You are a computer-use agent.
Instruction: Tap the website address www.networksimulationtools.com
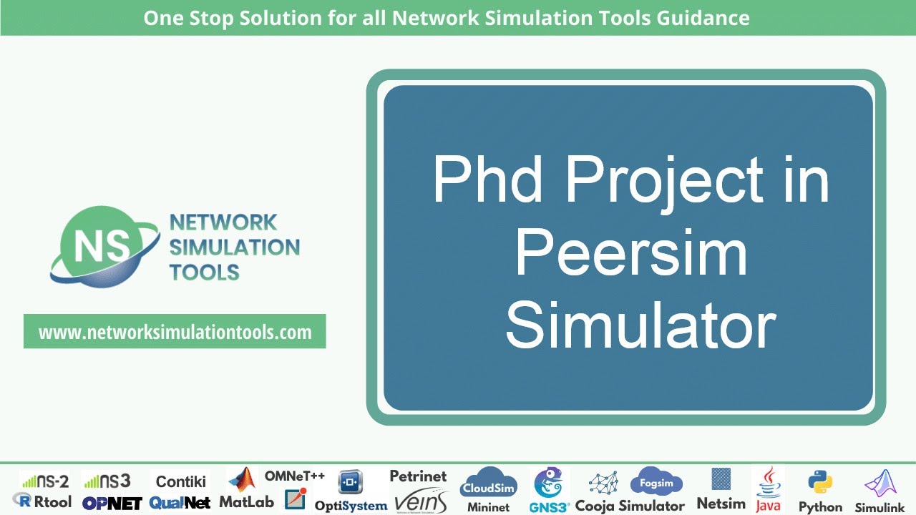[x=175, y=332]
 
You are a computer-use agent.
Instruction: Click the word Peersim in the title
[x=630, y=253]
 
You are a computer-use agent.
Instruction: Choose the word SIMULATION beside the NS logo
[x=234, y=247]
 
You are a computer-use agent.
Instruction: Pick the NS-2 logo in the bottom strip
[x=44, y=481]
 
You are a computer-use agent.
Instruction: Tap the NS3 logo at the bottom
[x=107, y=481]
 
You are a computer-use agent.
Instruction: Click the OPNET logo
[x=112, y=503]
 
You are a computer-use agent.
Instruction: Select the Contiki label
[x=181, y=481]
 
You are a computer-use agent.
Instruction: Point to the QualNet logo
[x=180, y=503]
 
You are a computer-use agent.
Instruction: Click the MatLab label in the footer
[x=246, y=502]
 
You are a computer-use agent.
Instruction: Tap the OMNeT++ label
[x=294, y=476]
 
